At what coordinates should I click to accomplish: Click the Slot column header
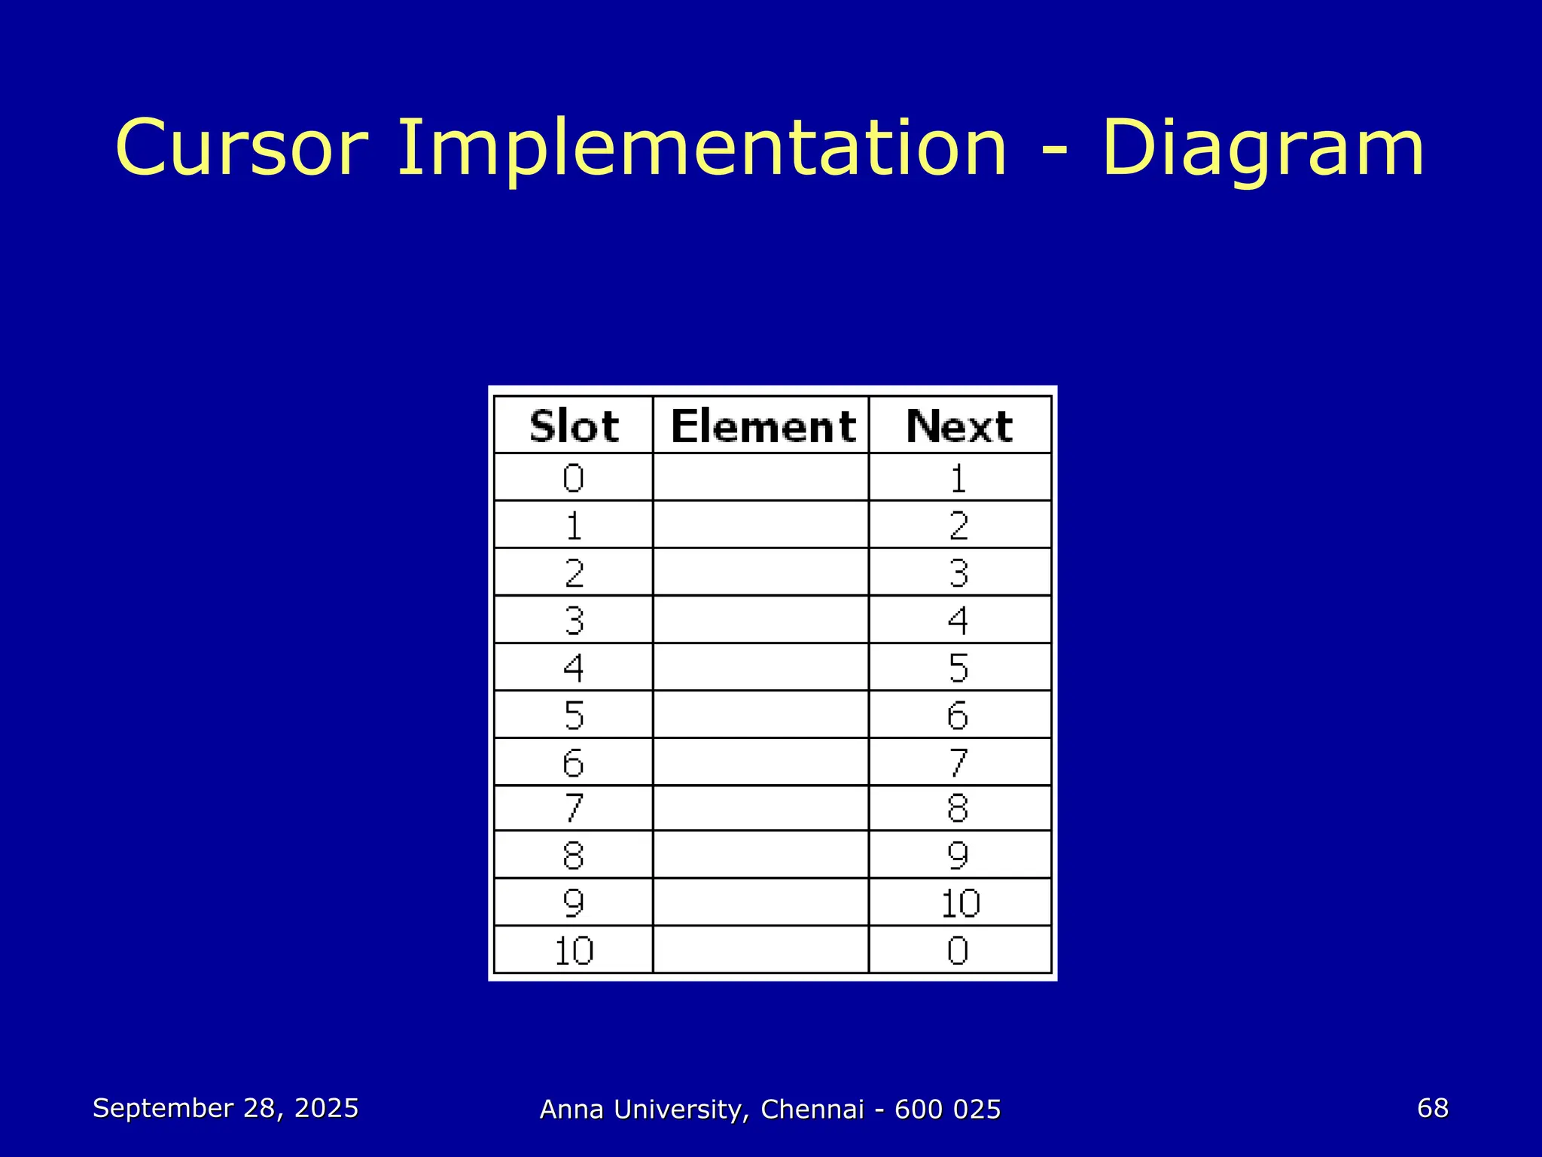pyautogui.click(x=574, y=426)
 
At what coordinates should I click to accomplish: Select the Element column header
pyautogui.click(x=762, y=426)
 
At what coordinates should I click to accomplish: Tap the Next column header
pyautogui.click(x=959, y=426)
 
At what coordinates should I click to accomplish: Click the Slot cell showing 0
pyautogui.click(x=574, y=478)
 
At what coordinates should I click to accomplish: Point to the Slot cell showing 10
pyautogui.click(x=574, y=950)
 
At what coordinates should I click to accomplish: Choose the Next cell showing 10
pyautogui.click(x=960, y=902)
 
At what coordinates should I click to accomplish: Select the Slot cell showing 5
pyautogui.click(x=574, y=715)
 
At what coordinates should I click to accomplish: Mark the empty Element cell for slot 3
pyautogui.click(x=760, y=620)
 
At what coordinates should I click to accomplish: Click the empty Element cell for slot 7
pyautogui.click(x=760, y=808)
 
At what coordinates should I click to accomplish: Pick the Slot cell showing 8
pyautogui.click(x=574, y=855)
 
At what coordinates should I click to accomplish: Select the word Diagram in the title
pyautogui.click(x=1263, y=149)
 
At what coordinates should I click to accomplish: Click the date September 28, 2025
pyautogui.click(x=225, y=1108)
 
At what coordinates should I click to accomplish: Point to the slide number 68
pyautogui.click(x=1432, y=1107)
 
